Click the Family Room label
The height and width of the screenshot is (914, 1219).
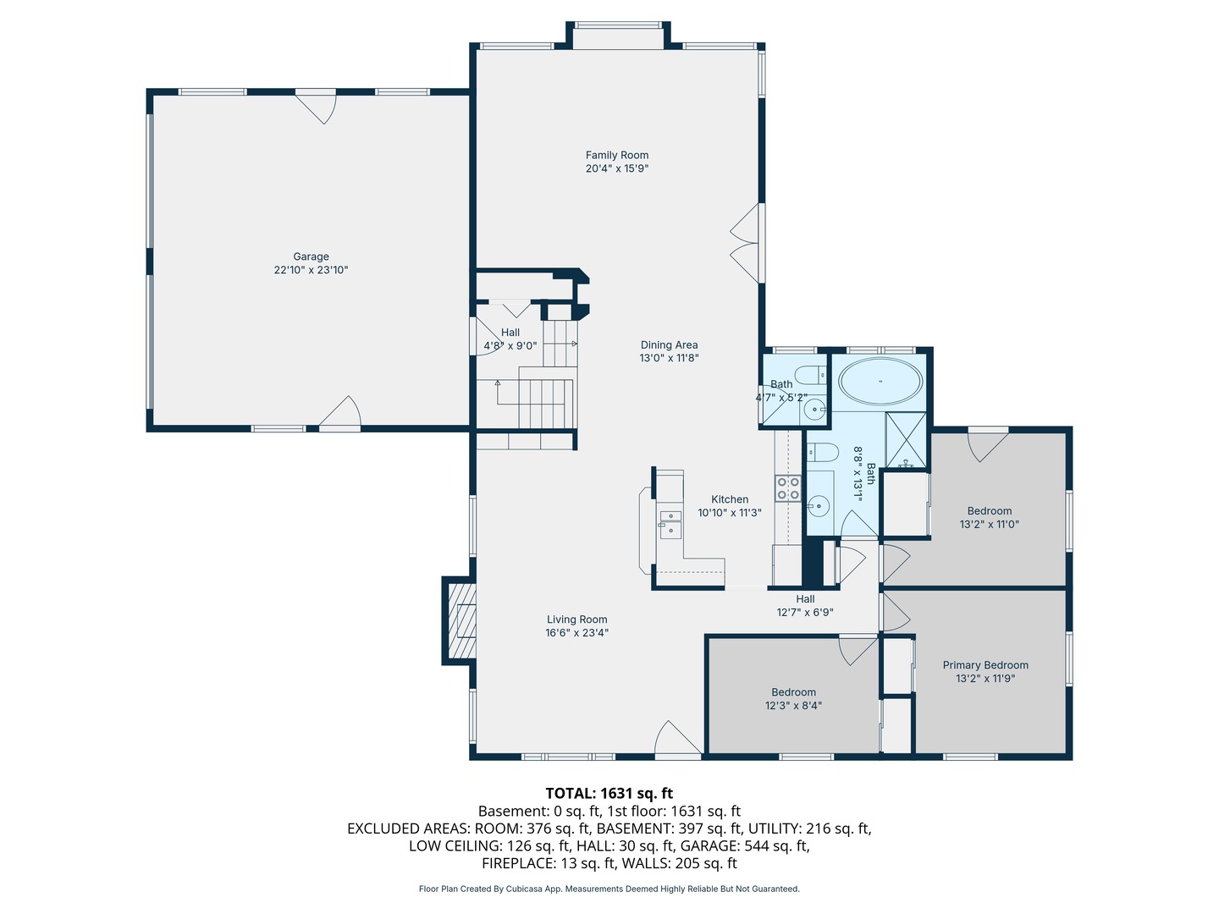pos(616,156)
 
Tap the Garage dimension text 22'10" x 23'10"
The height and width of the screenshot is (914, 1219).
pos(311,270)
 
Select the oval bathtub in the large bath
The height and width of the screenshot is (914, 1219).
pos(880,382)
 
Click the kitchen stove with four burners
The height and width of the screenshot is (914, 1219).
pos(788,487)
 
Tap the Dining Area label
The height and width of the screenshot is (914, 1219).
pos(670,345)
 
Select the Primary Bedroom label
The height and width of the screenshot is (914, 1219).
pos(985,665)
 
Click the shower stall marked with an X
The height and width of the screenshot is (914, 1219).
pos(906,439)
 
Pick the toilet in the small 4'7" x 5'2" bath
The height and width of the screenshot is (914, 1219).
pos(810,375)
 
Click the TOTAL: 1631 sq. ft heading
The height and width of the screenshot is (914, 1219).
pos(609,793)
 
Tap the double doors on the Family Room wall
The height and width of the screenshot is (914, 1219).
pos(747,243)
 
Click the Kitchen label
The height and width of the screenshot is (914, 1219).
pos(730,499)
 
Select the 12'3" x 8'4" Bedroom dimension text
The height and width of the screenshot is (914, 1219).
pos(793,705)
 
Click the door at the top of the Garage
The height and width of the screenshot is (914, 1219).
pos(316,107)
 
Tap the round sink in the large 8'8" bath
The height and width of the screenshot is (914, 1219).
pos(818,505)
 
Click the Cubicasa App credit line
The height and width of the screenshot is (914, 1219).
pos(609,889)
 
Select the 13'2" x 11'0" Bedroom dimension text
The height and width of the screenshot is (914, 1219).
pos(989,524)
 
